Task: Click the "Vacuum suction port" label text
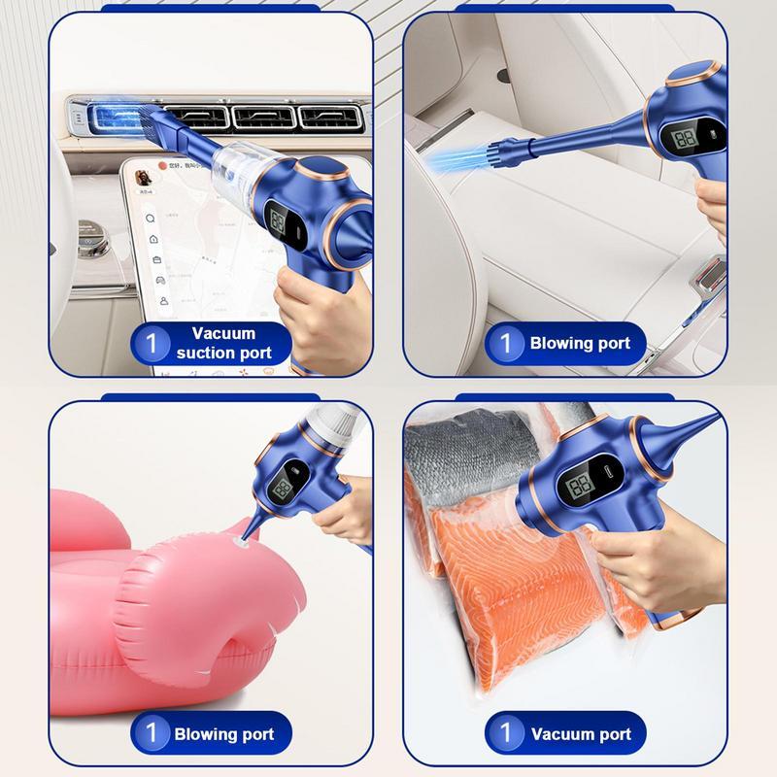click(x=223, y=342)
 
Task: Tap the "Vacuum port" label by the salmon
click(x=580, y=733)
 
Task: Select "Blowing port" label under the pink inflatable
click(x=223, y=733)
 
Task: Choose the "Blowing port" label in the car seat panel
click(x=580, y=342)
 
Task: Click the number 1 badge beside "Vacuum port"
click(x=504, y=732)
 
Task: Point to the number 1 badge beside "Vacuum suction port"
click(x=151, y=343)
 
